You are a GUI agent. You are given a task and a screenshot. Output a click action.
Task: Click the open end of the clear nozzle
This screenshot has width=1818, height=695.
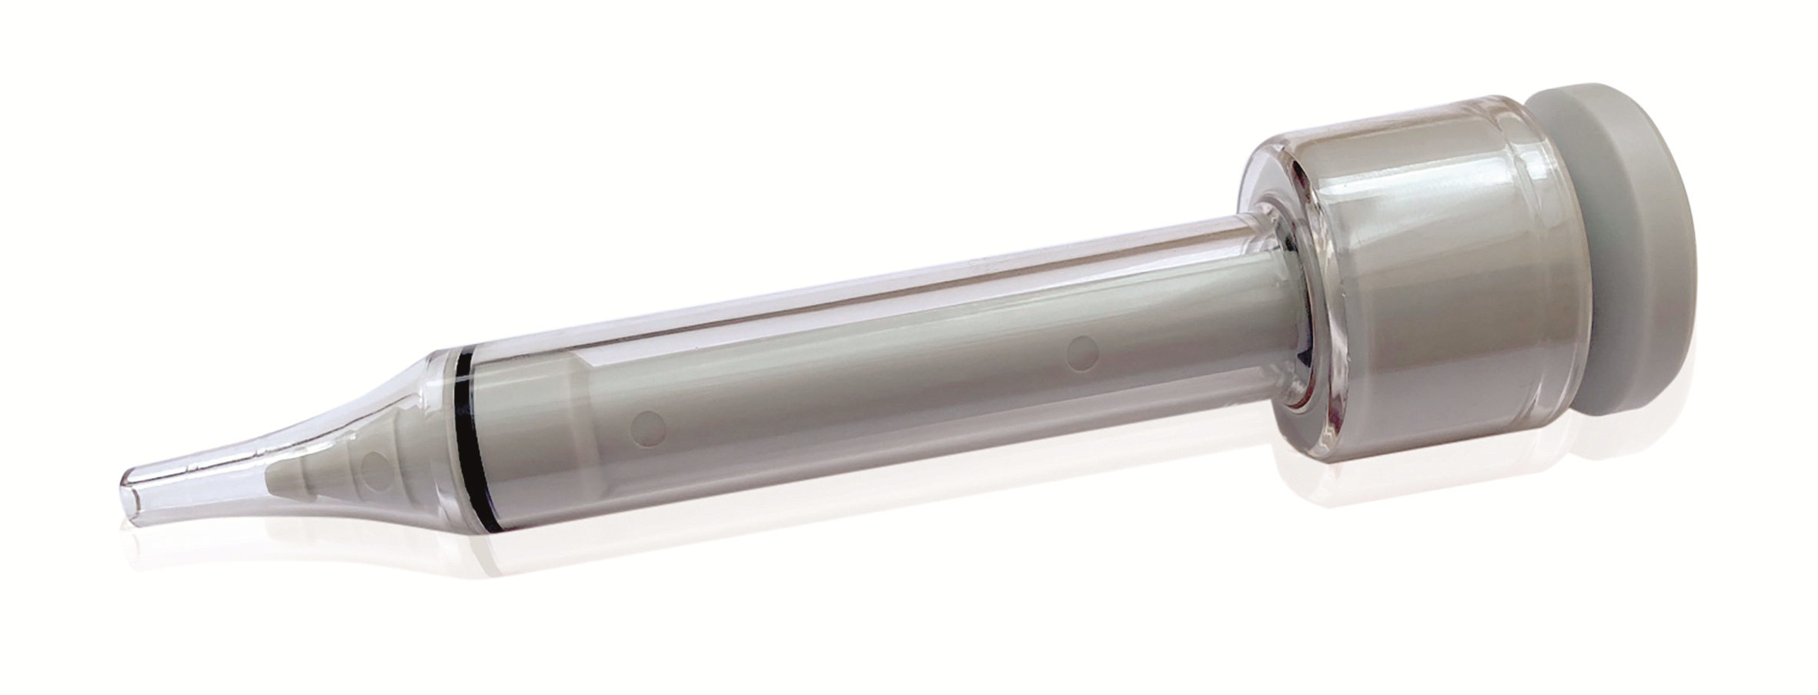point(132,500)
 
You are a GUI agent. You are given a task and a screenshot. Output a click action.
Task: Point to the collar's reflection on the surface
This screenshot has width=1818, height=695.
point(1385,516)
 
